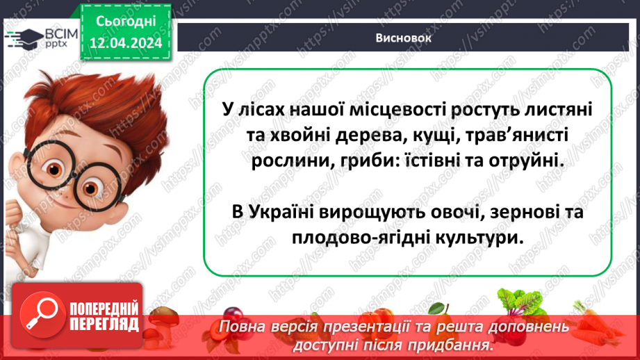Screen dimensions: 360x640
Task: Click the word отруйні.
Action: [x=520, y=161]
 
